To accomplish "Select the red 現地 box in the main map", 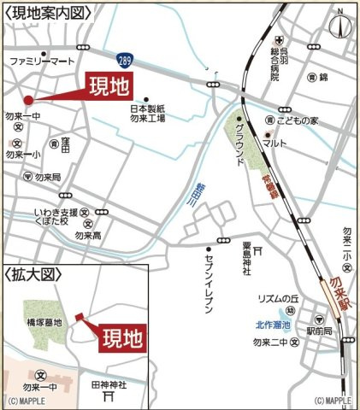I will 110,86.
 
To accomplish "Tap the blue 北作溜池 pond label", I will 273,325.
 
